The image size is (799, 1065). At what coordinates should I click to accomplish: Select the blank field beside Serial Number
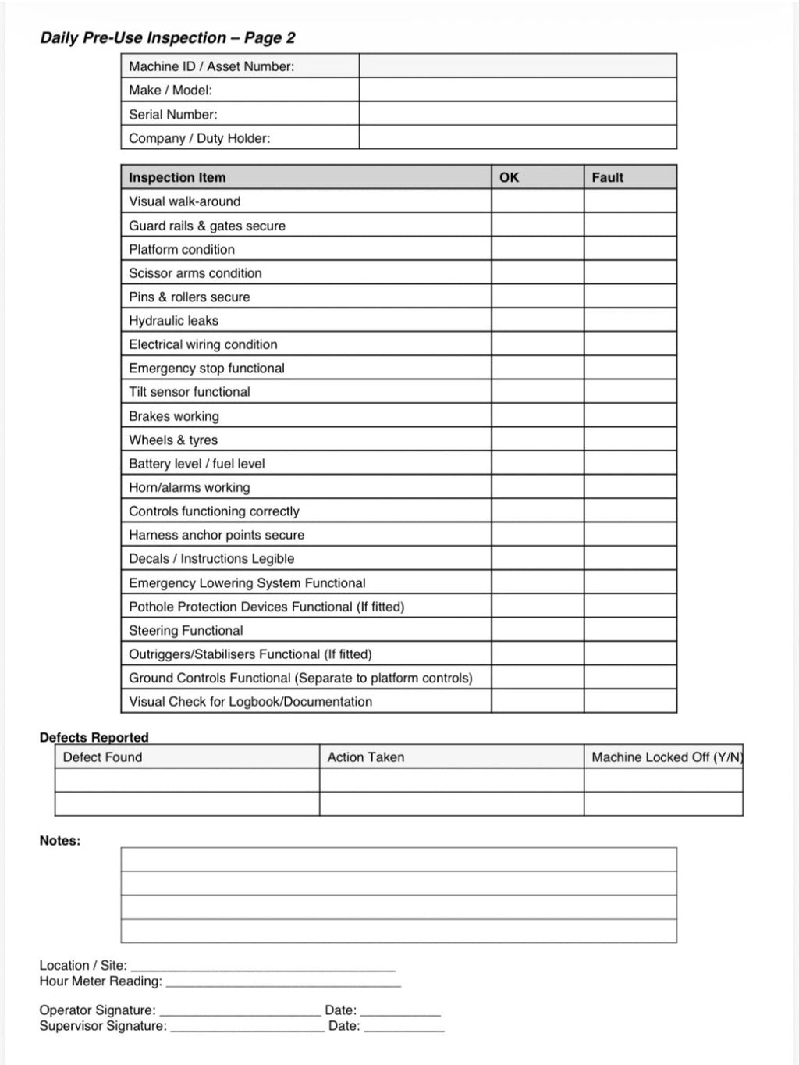coord(517,114)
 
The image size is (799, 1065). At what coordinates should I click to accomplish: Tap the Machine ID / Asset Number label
coord(211,66)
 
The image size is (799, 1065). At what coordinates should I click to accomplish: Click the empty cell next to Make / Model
coord(517,90)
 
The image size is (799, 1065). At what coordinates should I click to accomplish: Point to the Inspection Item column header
coord(177,177)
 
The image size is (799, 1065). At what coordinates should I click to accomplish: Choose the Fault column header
coord(607,177)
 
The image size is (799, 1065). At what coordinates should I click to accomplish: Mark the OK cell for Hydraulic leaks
coord(537,320)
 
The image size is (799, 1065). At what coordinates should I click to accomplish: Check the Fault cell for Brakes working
coord(630,415)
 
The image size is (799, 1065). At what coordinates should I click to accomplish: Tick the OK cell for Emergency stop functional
coord(537,368)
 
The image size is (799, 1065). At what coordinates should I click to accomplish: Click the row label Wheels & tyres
coord(173,440)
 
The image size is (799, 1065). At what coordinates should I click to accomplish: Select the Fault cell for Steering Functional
coord(630,630)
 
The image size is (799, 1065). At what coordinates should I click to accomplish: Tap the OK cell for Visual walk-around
coord(537,201)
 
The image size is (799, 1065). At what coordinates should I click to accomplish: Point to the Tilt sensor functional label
coord(190,392)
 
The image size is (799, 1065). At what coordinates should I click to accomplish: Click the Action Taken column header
coord(365,757)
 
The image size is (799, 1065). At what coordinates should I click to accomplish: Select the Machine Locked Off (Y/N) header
coord(666,757)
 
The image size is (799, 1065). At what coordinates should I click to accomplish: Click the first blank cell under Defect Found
coord(186,780)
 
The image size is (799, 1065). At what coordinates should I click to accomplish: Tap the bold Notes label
coord(60,841)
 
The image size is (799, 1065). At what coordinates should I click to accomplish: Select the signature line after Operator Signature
coord(240,1010)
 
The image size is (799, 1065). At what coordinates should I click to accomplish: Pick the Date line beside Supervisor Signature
coord(403,1027)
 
